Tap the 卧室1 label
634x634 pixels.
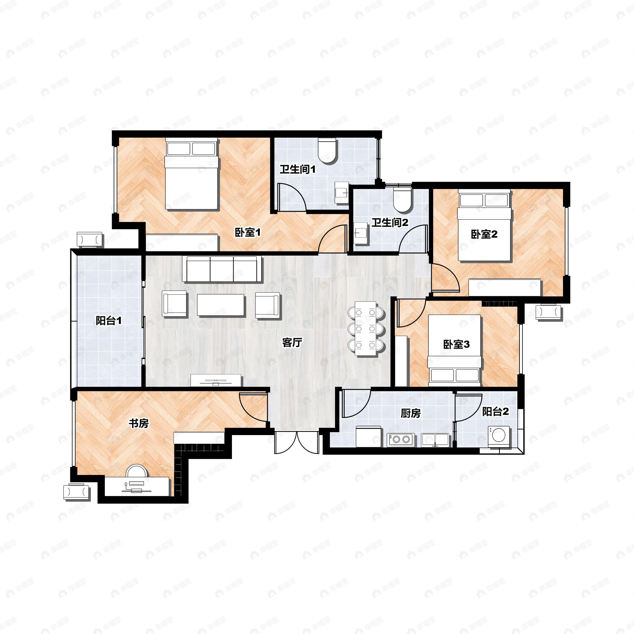pos(248,233)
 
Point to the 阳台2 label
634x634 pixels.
pos(496,412)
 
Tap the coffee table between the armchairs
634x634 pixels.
pos(221,305)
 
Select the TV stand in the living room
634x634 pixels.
pos(216,380)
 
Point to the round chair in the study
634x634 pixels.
pos(137,471)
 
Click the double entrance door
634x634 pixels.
pos(297,443)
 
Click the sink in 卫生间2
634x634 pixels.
pos(361,233)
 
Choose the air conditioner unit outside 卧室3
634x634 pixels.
pos(549,312)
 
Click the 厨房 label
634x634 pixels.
pos(411,413)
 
